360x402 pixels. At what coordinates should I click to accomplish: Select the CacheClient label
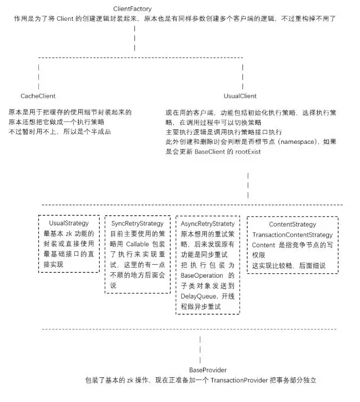pos(38,97)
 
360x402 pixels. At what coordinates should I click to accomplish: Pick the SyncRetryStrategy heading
pos(137,224)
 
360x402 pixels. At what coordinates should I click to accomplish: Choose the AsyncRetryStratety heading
pos(208,224)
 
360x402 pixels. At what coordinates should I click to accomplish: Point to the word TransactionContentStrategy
pos(293,234)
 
